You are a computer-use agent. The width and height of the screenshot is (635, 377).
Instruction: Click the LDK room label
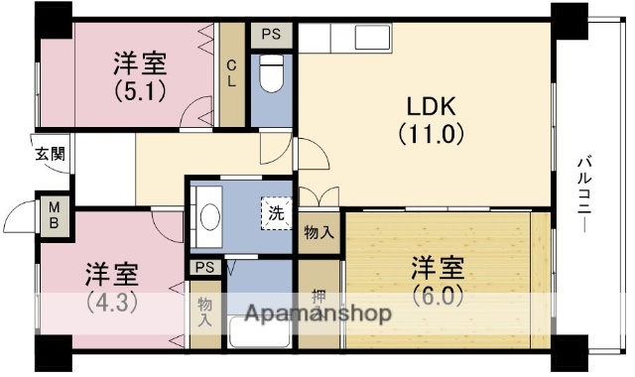coord(432,104)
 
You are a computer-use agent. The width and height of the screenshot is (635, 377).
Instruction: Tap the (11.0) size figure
coord(432,132)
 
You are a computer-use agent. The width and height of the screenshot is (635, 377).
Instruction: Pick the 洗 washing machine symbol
coord(273,210)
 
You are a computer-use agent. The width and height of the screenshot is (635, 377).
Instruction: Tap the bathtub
coord(258,332)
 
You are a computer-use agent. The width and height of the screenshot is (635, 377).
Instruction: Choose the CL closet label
coord(232,74)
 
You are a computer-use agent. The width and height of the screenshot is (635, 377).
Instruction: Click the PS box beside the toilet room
coord(271,34)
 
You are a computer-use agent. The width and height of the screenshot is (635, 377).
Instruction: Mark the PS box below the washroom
coord(205,267)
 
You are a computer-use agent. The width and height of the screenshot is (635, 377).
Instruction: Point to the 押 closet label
coord(318,296)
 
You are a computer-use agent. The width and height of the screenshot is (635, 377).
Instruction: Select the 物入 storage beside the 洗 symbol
coord(318,233)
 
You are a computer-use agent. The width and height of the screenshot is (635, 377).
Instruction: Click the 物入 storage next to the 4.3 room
coord(205,313)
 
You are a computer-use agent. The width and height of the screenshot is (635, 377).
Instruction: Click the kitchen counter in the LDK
coord(346,41)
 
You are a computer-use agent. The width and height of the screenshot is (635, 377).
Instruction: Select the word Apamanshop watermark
coord(313,315)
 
